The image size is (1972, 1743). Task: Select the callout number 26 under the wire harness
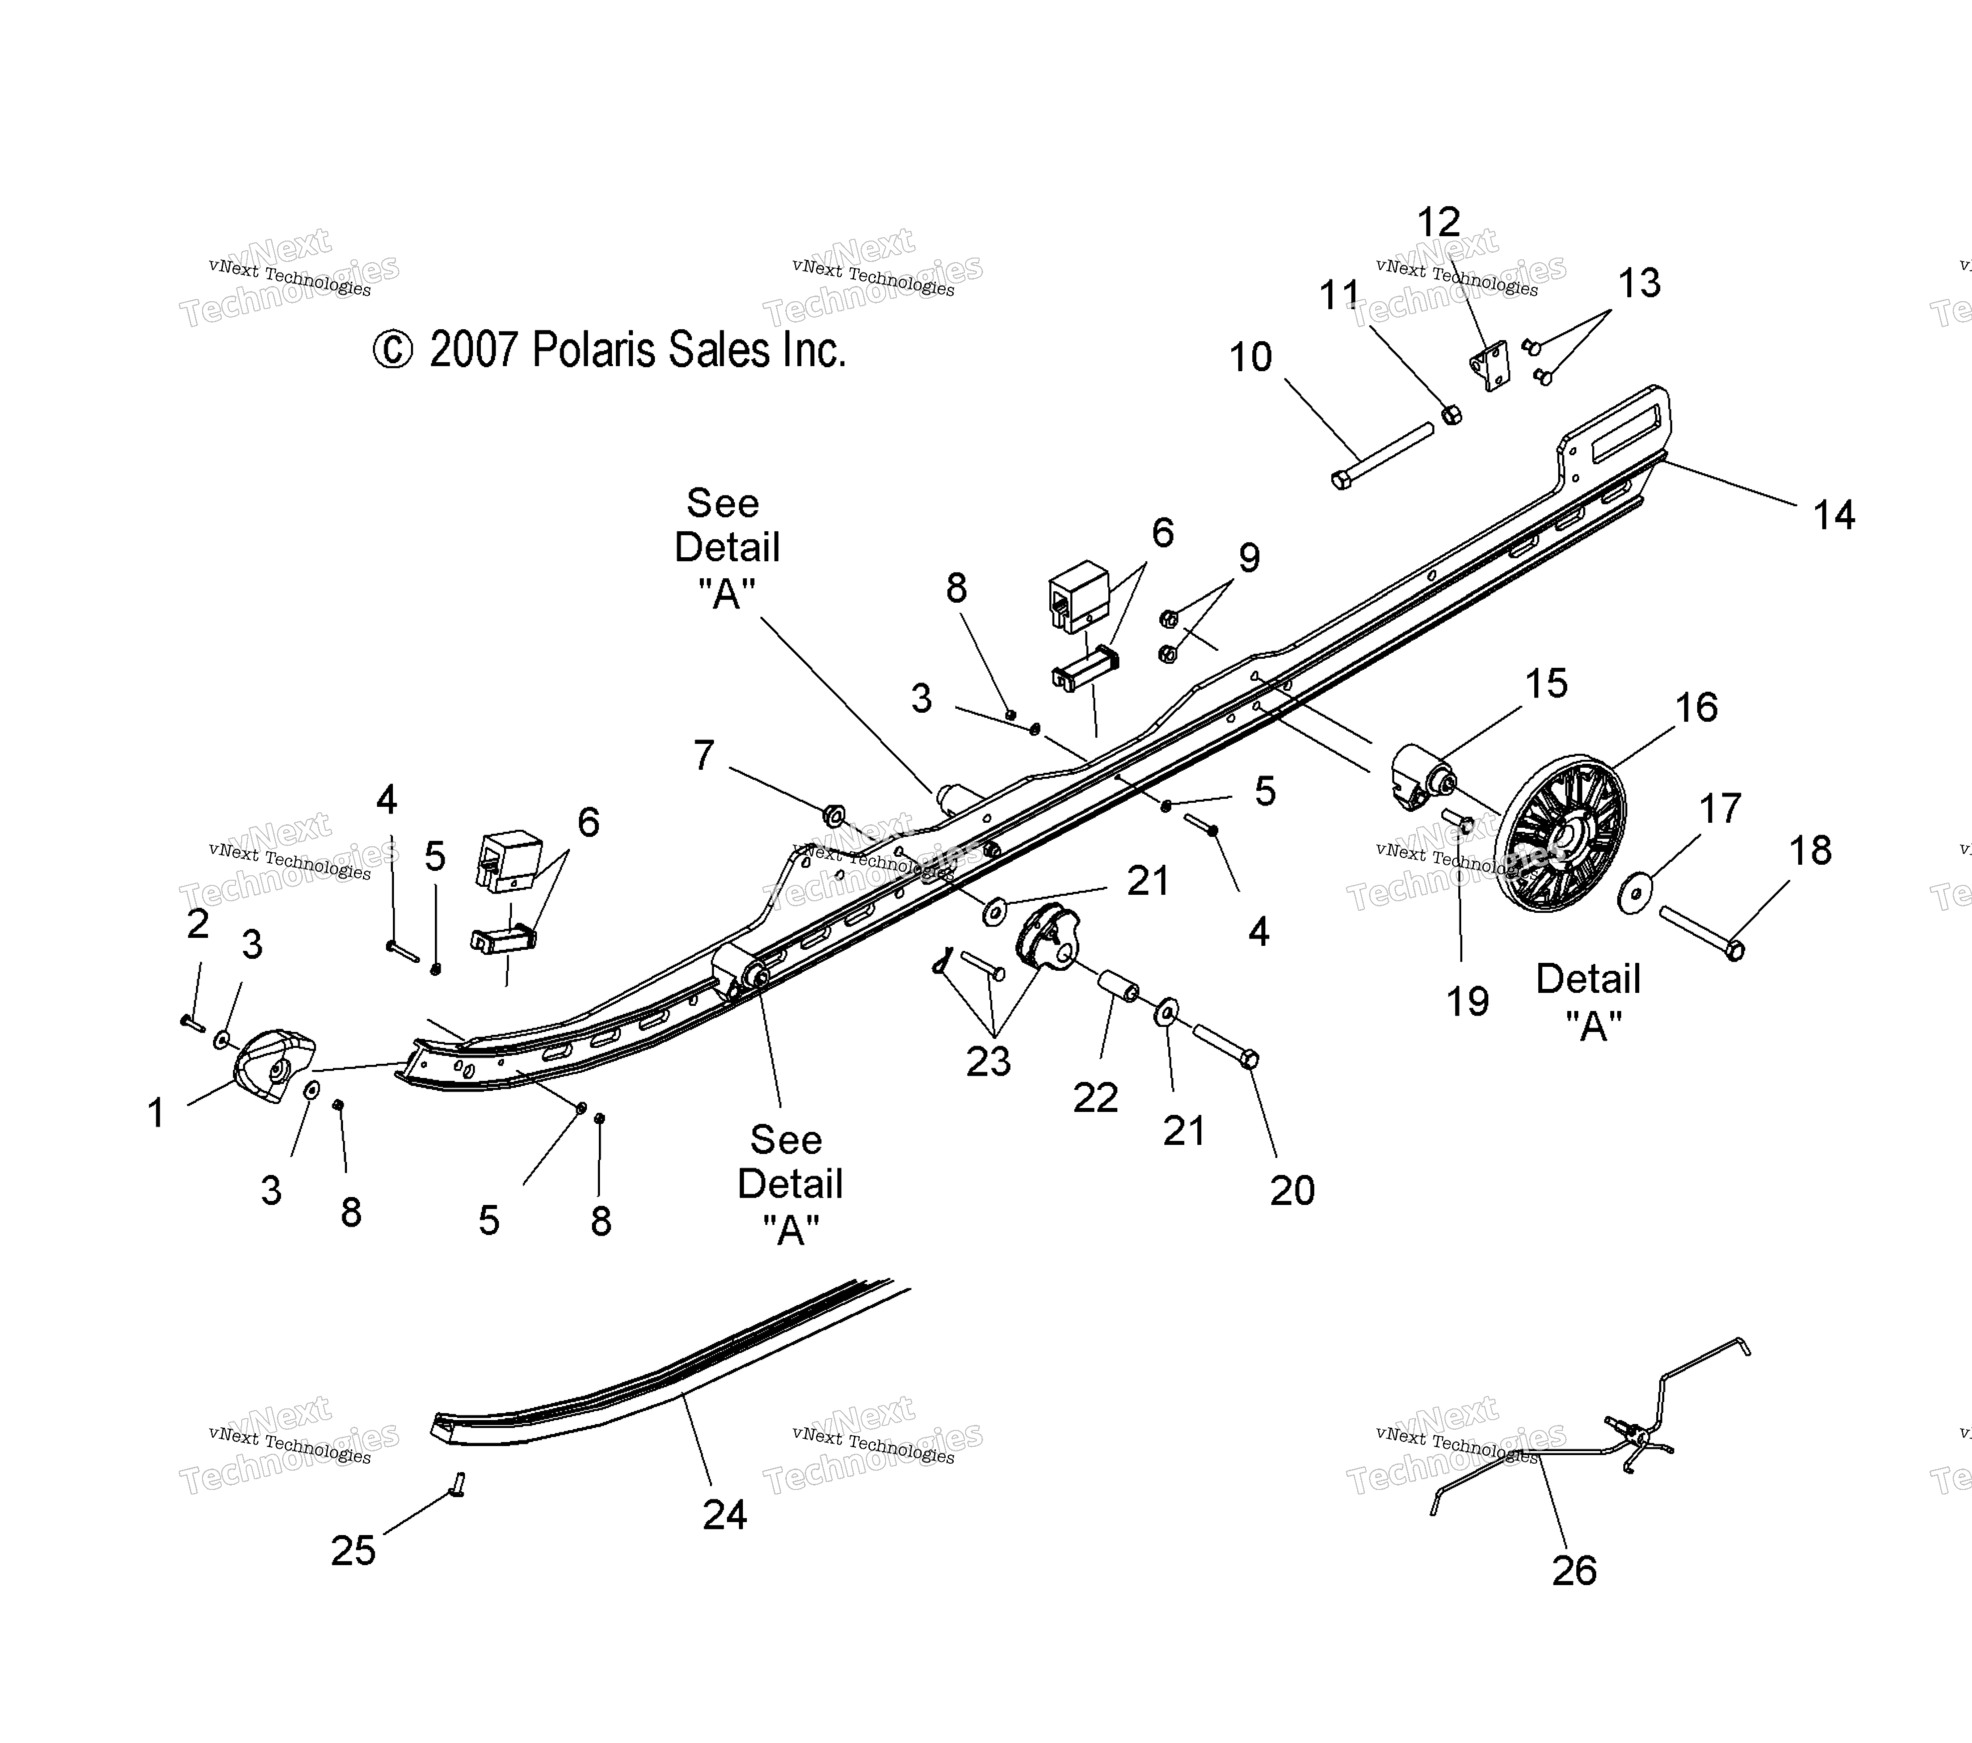coord(1574,1571)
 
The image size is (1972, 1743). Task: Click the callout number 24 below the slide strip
coord(724,1514)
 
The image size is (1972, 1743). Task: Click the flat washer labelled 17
coord(1634,893)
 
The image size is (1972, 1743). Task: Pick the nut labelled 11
coord(1450,415)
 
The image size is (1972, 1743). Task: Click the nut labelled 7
coord(833,816)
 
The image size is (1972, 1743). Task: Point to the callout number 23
coord(988,1061)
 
